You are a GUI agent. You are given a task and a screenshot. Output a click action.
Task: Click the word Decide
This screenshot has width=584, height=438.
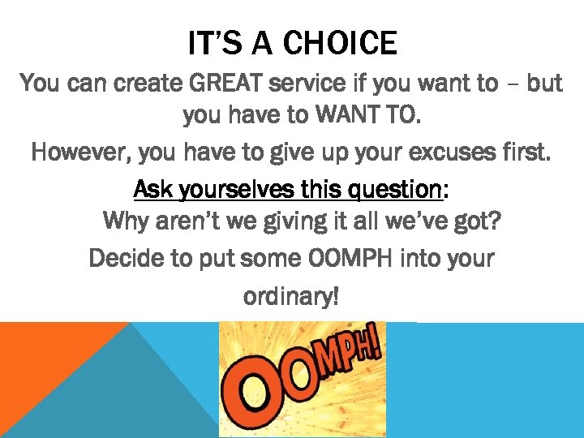(x=126, y=259)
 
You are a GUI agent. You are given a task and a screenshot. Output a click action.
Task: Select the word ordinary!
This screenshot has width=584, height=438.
(x=291, y=297)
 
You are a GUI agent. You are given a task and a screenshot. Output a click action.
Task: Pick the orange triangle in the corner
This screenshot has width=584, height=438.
(x=41, y=357)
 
